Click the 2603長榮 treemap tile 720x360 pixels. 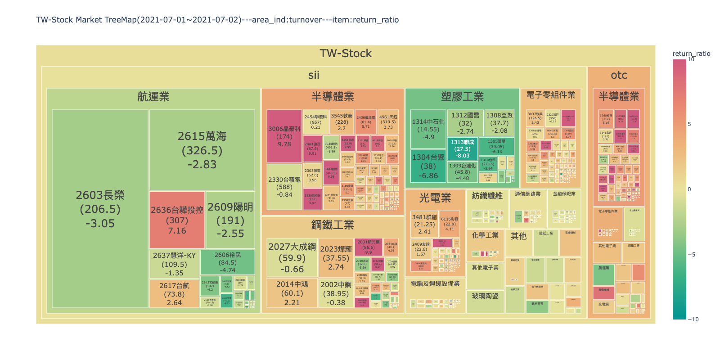[100, 209]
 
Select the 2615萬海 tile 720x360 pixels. [202, 150]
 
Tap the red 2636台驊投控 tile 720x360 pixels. [177, 220]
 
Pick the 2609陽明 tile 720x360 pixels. [230, 220]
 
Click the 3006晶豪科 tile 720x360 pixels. [284, 136]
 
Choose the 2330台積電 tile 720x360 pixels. [284, 187]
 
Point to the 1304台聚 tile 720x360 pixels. [428, 166]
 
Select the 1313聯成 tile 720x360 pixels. [462, 148]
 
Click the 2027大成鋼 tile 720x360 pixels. [292, 258]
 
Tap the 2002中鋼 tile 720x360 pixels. [336, 293]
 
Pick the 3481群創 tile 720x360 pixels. [424, 224]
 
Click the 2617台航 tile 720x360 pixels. [174, 294]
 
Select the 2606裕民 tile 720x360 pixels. [228, 262]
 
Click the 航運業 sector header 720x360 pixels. [153, 97]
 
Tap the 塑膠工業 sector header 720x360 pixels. [462, 96]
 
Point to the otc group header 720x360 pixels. [619, 75]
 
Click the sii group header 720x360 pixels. [314, 75]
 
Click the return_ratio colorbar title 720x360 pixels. [691, 54]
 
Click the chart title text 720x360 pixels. [217, 20]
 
